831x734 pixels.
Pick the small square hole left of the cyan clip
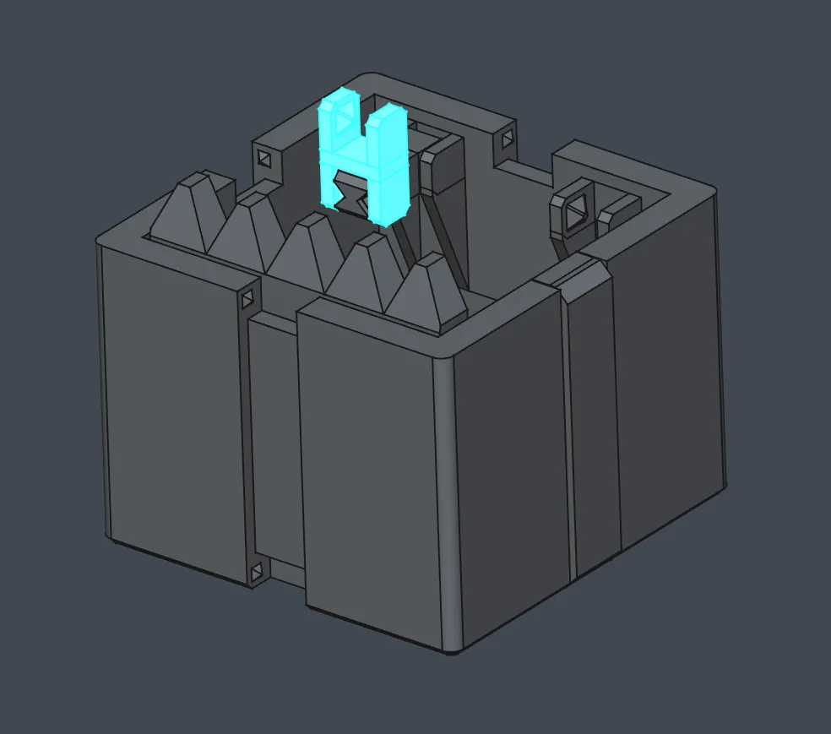coord(264,159)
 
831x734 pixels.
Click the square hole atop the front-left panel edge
coord(247,300)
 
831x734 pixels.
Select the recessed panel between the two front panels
coord(272,439)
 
